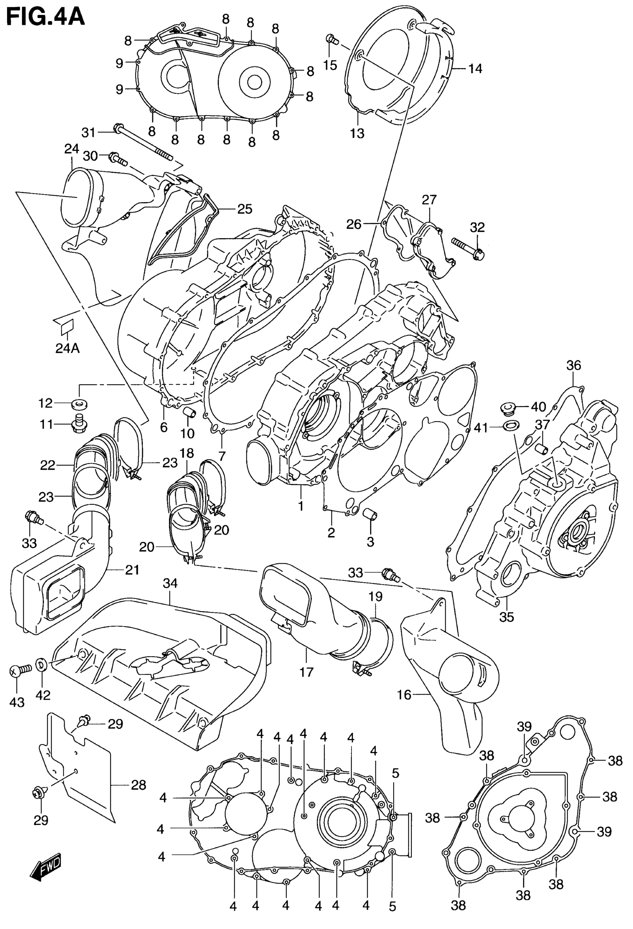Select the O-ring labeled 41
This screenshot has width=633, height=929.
click(x=510, y=425)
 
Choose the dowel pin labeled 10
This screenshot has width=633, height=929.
click(x=188, y=412)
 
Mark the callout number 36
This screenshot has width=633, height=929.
click(x=573, y=365)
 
